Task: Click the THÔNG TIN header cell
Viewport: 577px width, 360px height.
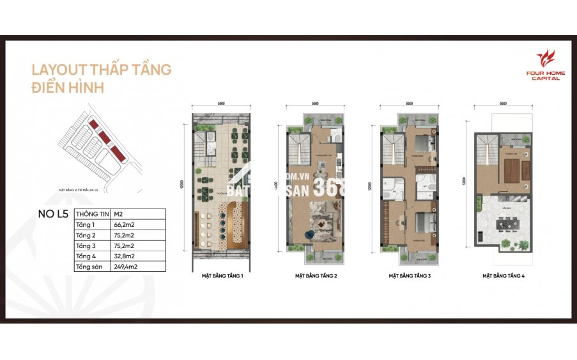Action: tap(90, 214)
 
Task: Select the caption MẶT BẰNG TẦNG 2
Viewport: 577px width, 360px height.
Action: tap(316, 276)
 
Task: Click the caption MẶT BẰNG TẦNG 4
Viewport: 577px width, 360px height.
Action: tap(505, 276)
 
